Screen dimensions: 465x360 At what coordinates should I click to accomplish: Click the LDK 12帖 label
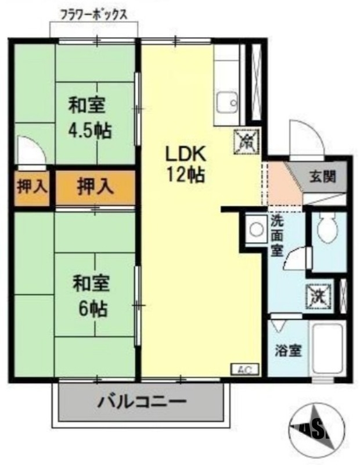(185, 164)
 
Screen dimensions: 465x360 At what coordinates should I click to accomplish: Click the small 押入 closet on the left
(33, 187)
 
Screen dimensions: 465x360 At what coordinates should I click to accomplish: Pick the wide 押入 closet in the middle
(95, 187)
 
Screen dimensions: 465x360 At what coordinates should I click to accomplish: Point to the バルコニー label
(142, 402)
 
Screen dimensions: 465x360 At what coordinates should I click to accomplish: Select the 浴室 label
(289, 350)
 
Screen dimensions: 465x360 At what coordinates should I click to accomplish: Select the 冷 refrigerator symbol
(247, 140)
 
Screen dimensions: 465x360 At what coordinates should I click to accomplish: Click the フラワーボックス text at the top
(93, 14)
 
